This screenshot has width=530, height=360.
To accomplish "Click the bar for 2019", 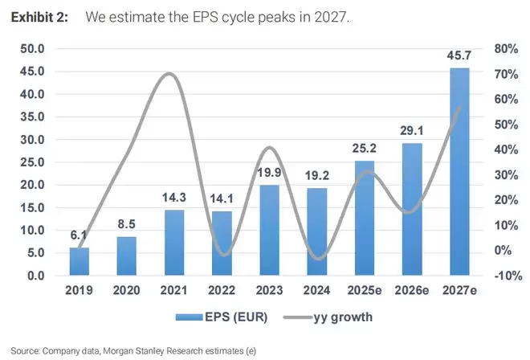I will coord(79,261).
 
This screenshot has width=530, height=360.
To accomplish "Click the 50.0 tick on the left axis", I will coord(36,49).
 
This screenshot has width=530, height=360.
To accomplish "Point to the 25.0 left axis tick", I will coord(36,162).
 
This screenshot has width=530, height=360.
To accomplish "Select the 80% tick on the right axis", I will coord(503,49).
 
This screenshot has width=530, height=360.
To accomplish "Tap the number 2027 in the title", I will coord(330,17).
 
